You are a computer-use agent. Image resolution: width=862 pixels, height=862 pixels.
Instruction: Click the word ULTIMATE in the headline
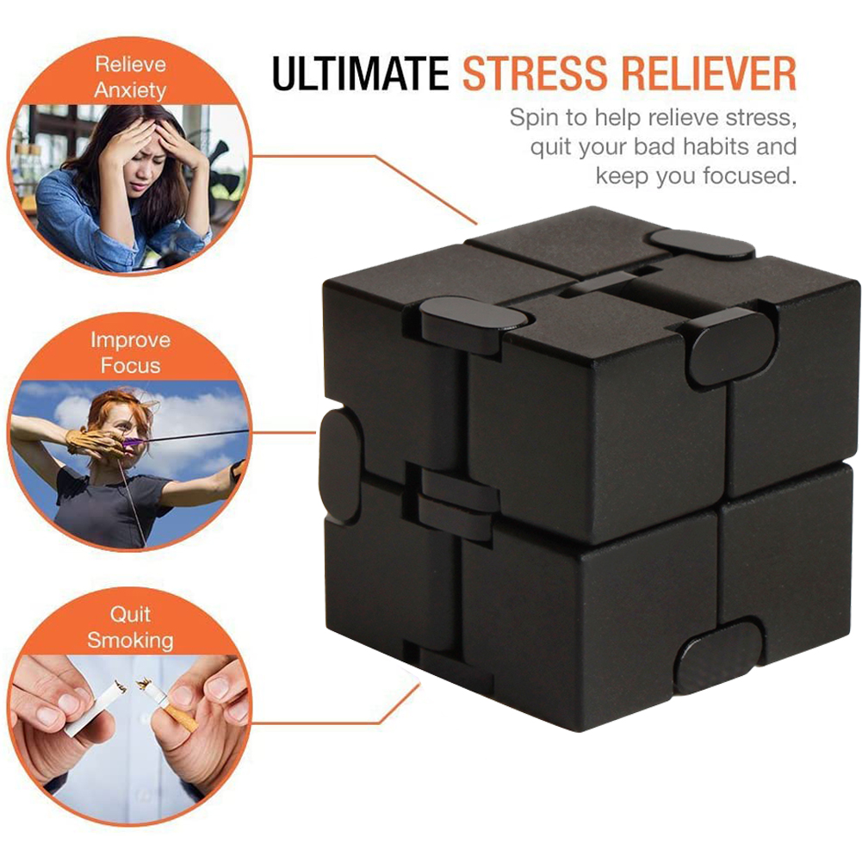(361, 73)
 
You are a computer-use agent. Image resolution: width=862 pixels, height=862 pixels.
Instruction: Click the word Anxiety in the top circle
(130, 90)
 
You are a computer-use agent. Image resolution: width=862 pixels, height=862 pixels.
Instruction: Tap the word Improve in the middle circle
(130, 341)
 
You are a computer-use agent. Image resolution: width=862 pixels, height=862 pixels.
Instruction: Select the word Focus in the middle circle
(130, 366)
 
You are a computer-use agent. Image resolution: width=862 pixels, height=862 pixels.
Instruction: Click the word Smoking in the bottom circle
(130, 641)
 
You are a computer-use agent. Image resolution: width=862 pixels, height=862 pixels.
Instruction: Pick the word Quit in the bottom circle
(130, 614)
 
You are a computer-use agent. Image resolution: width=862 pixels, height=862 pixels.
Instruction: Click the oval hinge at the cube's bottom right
(718, 656)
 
